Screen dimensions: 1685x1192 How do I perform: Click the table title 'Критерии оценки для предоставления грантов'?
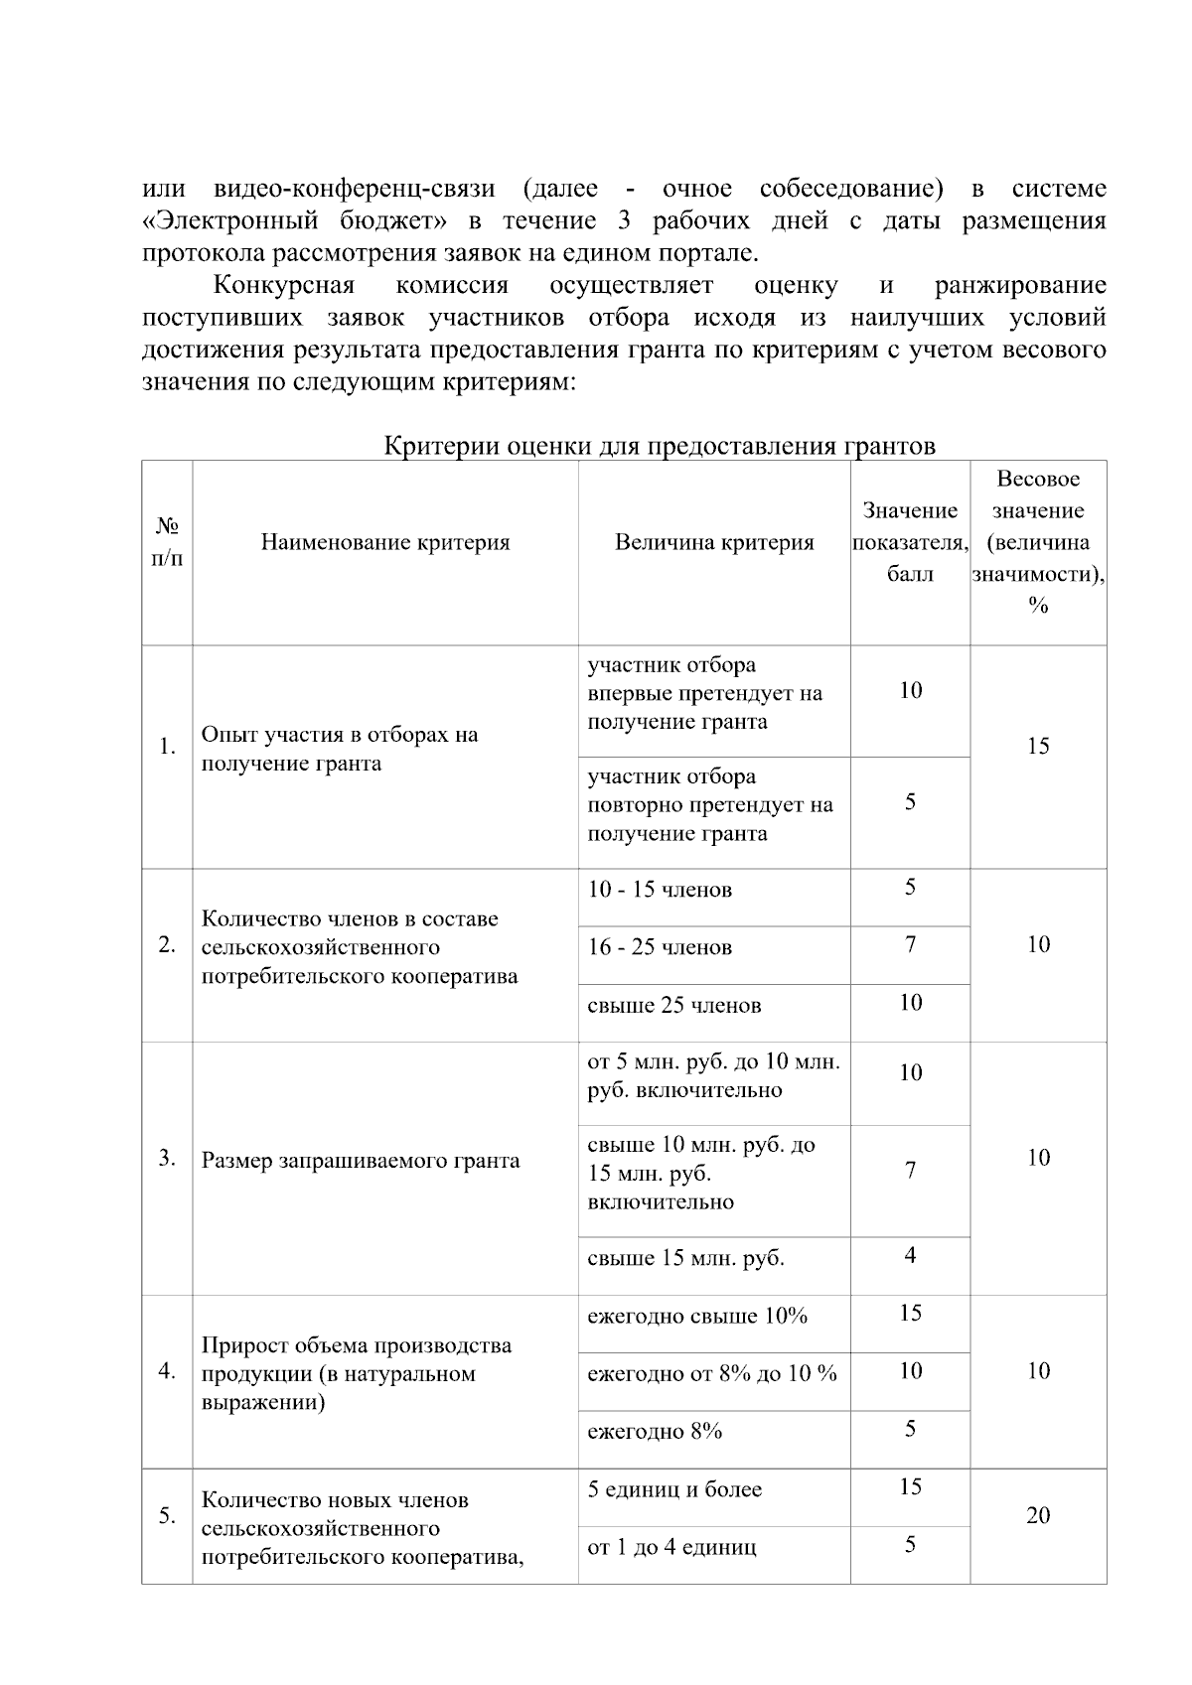pos(660,446)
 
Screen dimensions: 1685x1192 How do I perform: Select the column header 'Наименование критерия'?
pos(385,542)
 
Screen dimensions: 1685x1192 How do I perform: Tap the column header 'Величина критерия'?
pos(713,542)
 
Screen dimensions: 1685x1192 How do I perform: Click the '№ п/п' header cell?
pos(167,541)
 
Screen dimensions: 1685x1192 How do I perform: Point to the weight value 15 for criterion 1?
pos(1038,747)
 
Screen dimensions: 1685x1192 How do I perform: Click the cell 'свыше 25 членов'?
pos(674,1005)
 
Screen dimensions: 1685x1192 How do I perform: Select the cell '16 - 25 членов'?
pos(660,947)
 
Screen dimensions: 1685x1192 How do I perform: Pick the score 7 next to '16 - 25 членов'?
pos(910,945)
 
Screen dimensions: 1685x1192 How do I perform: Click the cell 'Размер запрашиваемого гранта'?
pos(361,1161)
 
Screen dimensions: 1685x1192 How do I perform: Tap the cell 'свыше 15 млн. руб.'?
pos(685,1259)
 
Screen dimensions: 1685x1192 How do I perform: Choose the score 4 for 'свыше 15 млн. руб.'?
pos(910,1256)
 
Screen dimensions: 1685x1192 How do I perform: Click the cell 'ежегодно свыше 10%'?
pos(697,1317)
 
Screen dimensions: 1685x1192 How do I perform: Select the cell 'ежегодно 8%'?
pos(655,1432)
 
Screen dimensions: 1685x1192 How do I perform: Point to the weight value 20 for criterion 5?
pos(1038,1515)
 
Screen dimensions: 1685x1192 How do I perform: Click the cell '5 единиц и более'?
pos(674,1489)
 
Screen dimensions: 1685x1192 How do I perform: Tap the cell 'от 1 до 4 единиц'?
pos(671,1547)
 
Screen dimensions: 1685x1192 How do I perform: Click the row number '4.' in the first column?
pos(167,1371)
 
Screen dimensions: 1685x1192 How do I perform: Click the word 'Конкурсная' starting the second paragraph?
pos(284,286)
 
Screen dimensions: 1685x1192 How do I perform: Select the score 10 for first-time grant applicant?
pos(910,690)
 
